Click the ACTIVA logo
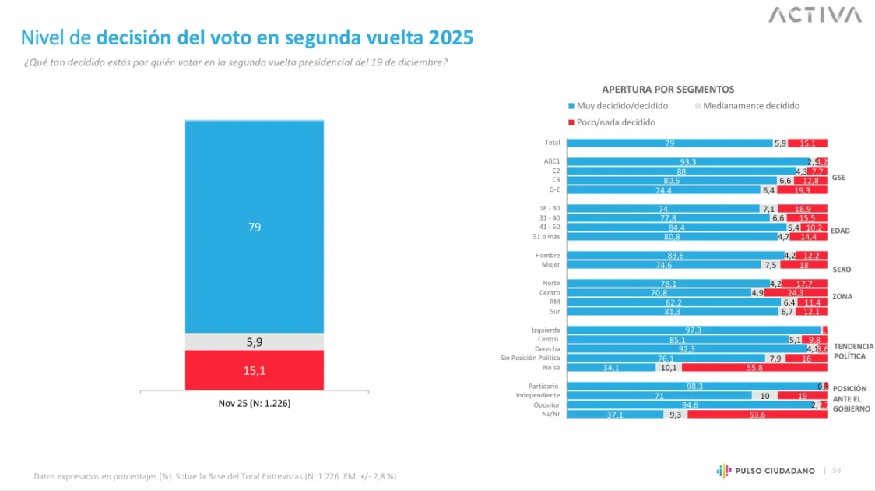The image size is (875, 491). pos(815,15)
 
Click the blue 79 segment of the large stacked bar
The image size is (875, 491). pos(254,227)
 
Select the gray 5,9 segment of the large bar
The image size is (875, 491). pos(254,342)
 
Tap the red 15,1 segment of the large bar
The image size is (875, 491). pos(254,370)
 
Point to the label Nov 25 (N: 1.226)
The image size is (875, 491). pos(254,404)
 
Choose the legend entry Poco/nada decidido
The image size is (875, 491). pos(611,122)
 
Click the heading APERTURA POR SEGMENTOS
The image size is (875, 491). pos(668,90)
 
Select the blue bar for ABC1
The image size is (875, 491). pos(687,161)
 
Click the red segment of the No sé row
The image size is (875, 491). pos(754,368)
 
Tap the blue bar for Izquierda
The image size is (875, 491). pos(693,330)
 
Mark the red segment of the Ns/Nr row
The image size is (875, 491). pos(757,415)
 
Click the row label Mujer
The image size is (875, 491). pos(550,265)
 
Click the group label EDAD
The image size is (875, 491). pos(841,231)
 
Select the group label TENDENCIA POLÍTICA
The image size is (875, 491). pos(853,351)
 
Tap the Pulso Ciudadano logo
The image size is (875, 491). pos(766,470)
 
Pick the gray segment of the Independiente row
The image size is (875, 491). pos(764,396)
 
